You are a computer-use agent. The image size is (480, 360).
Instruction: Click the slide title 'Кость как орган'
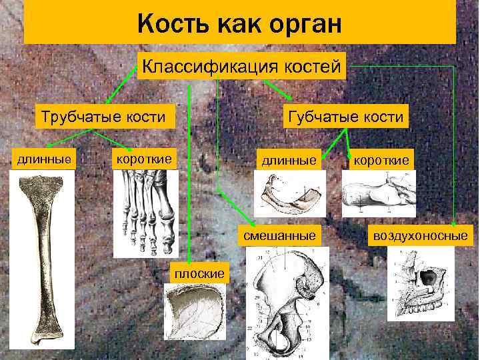(x=239, y=25)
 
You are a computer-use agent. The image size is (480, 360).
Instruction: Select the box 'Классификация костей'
(x=241, y=66)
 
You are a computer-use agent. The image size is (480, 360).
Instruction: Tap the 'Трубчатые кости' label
(x=103, y=117)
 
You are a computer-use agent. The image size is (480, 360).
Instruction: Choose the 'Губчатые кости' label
(x=345, y=117)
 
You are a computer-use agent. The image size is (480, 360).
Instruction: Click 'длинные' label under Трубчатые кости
(x=45, y=159)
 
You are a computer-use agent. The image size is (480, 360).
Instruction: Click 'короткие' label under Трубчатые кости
(x=144, y=159)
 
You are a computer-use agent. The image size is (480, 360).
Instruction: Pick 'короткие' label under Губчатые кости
(x=381, y=161)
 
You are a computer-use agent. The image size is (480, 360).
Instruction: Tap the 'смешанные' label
(x=279, y=235)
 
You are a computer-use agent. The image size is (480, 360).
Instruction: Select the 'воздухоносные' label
(x=421, y=235)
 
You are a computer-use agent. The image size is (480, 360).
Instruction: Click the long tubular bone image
(x=41, y=260)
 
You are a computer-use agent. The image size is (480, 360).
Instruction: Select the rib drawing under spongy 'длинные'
(x=289, y=194)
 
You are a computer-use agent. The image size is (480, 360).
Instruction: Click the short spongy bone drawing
(x=378, y=193)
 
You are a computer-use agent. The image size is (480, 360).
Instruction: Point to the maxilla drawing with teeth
(x=420, y=283)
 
